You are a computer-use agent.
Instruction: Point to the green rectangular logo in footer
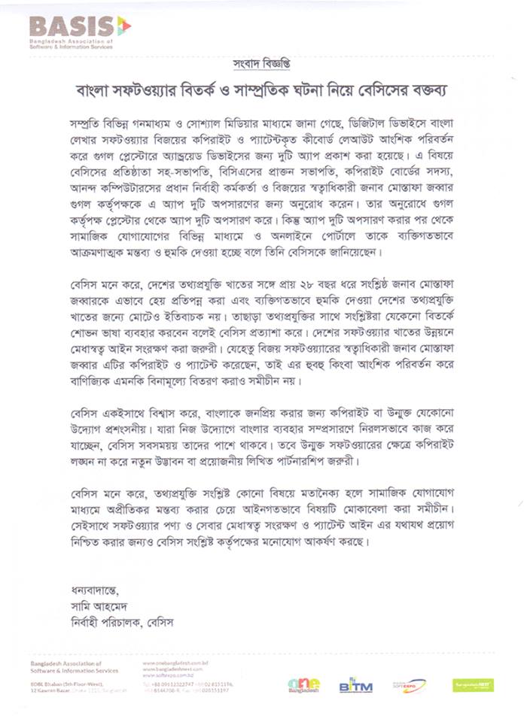click(x=473, y=684)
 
